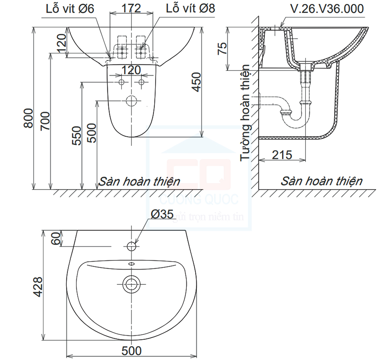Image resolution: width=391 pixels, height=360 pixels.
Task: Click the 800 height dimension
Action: (x=28, y=118)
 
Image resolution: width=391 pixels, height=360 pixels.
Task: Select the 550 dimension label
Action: (x=76, y=135)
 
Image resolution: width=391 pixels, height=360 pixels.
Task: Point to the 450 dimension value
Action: (x=196, y=82)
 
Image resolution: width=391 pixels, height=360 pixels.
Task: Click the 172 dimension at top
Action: (x=131, y=8)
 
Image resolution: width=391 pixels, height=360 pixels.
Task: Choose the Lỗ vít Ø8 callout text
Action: (x=190, y=8)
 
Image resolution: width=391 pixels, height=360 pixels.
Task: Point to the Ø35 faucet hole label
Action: (x=162, y=214)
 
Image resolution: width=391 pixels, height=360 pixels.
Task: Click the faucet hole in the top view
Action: (x=132, y=247)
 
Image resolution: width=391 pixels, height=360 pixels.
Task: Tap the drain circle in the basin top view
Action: (x=131, y=284)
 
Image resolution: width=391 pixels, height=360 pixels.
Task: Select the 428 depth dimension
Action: (x=38, y=287)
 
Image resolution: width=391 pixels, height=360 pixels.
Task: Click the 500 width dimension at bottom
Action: (x=132, y=351)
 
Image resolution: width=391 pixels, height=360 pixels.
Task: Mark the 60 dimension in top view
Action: (x=55, y=238)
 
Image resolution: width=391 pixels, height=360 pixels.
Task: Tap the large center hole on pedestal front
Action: (x=131, y=101)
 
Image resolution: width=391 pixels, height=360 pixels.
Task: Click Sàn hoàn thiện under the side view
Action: (x=321, y=181)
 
